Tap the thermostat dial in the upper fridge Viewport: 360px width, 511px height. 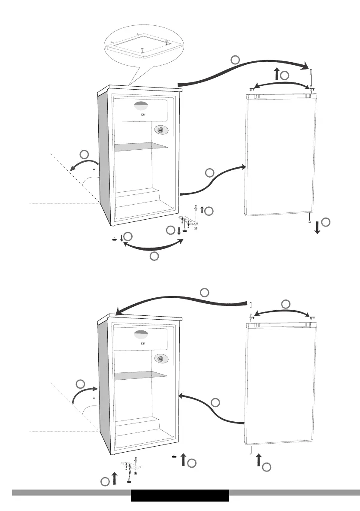pyautogui.click(x=160, y=130)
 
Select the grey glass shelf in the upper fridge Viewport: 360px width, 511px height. pyautogui.click(x=140, y=146)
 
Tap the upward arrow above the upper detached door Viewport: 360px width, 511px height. pyautogui.click(x=277, y=74)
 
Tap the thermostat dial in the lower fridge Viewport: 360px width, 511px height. pyautogui.click(x=160, y=358)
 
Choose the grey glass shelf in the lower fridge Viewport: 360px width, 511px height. pyautogui.click(x=140, y=374)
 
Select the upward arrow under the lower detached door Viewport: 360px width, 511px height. pyautogui.click(x=258, y=460)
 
